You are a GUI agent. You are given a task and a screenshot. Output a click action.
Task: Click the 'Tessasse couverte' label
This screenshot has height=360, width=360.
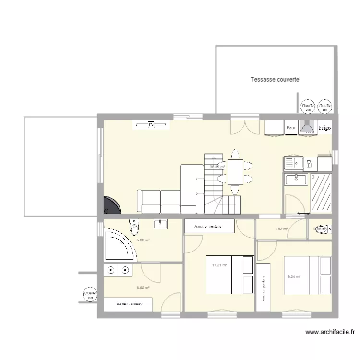(x=275, y=80)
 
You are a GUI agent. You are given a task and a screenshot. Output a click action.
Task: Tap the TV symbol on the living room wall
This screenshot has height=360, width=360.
(x=151, y=125)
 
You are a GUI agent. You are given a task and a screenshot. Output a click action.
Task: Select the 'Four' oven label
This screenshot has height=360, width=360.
(x=290, y=128)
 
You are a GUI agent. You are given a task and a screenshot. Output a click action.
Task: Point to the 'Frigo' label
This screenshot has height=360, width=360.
(x=324, y=128)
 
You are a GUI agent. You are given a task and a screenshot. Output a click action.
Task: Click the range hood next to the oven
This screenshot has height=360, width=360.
(x=306, y=127)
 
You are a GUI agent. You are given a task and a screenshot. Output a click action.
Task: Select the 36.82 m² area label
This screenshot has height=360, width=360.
(x=217, y=167)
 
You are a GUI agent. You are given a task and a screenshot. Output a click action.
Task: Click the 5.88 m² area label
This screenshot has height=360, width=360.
(x=144, y=240)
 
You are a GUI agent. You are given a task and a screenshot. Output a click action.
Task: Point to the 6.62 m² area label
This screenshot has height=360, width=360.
(x=143, y=288)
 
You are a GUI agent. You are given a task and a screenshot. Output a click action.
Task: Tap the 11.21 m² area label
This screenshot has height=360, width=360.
(x=219, y=264)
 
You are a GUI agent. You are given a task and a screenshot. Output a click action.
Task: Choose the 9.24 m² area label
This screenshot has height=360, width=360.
(x=294, y=276)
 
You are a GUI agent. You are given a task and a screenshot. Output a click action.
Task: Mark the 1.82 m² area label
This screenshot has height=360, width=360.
(x=281, y=229)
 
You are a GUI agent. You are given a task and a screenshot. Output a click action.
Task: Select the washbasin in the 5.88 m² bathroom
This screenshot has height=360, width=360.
(x=159, y=223)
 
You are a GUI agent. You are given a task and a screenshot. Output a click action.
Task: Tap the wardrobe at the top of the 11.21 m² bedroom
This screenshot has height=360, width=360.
(x=209, y=226)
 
